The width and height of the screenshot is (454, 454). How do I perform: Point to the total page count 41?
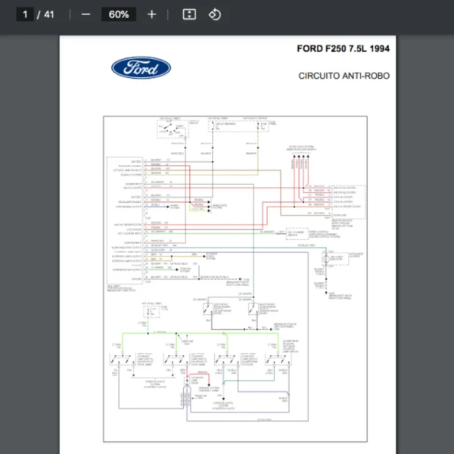(49, 14)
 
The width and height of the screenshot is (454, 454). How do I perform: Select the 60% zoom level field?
(118, 14)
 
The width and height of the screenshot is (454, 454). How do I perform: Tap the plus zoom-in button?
(151, 14)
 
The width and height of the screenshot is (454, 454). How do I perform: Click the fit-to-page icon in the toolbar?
(190, 14)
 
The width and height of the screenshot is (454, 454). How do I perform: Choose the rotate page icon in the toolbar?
(214, 14)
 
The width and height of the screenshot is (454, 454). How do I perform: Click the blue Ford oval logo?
(141, 68)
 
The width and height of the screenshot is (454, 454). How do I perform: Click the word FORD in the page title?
(310, 50)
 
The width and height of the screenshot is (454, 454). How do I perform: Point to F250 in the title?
(336, 50)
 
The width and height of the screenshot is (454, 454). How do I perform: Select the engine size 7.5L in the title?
(359, 50)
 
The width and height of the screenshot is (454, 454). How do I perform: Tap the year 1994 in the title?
(381, 50)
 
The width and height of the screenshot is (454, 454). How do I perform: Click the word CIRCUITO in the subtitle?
(321, 76)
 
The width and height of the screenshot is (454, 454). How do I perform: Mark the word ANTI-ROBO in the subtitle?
(368, 76)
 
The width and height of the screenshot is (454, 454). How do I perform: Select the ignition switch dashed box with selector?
(173, 129)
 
